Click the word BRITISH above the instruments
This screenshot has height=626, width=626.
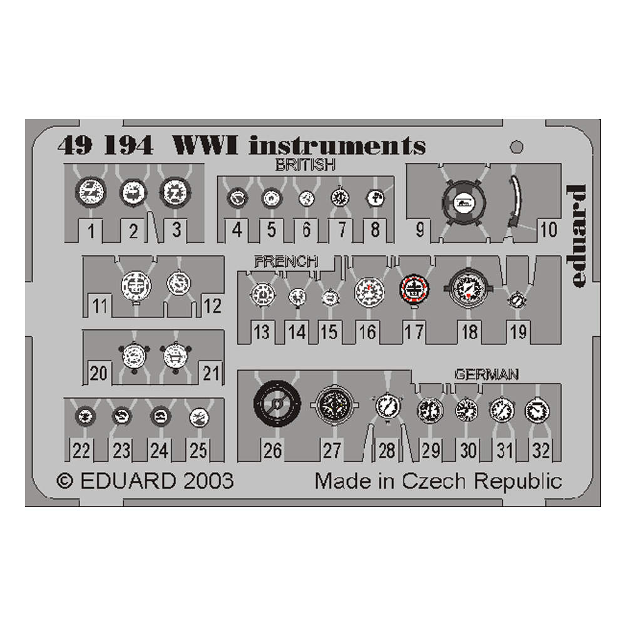[305, 166]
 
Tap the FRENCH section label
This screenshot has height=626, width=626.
[285, 261]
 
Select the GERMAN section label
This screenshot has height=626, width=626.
[486, 374]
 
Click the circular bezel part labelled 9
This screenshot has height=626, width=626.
[464, 202]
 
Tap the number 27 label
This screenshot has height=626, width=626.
[332, 450]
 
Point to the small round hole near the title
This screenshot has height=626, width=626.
[516, 148]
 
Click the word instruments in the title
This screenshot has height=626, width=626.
[337, 145]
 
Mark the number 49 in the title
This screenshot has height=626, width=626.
[75, 145]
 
